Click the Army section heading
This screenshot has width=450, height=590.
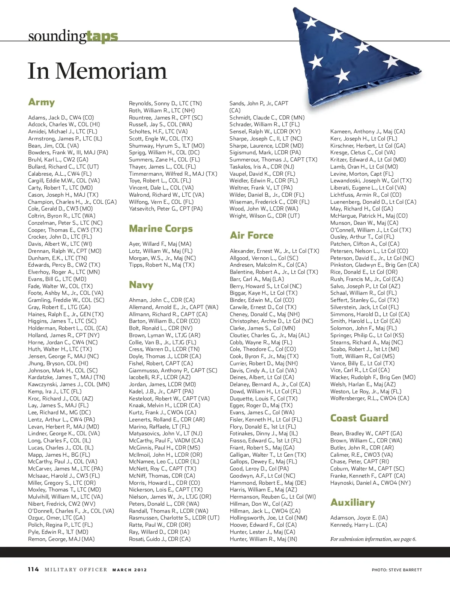[42, 102]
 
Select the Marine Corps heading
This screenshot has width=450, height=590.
[161, 229]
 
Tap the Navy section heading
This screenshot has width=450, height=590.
[141, 285]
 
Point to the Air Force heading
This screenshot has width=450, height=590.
[252, 235]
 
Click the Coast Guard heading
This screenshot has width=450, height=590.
[359, 418]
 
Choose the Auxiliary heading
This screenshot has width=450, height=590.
[352, 502]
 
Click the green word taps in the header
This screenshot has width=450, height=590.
[102, 36]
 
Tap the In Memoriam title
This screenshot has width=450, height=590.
[97, 71]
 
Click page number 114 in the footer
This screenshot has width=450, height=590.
[33, 569]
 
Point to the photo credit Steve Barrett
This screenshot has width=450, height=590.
[397, 570]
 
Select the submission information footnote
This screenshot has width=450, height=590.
[373, 539]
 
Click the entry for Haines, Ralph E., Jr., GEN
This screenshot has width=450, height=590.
[66, 314]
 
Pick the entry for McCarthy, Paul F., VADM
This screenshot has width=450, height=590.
[166, 441]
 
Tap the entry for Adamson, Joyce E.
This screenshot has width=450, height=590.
[359, 518]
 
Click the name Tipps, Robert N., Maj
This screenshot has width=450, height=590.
[162, 265]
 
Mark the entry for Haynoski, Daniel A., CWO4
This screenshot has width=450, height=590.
[370, 483]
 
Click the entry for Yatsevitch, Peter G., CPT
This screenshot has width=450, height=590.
[166, 209]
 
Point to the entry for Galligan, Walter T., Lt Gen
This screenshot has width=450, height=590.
[268, 455]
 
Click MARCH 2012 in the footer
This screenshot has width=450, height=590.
[130, 570]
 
